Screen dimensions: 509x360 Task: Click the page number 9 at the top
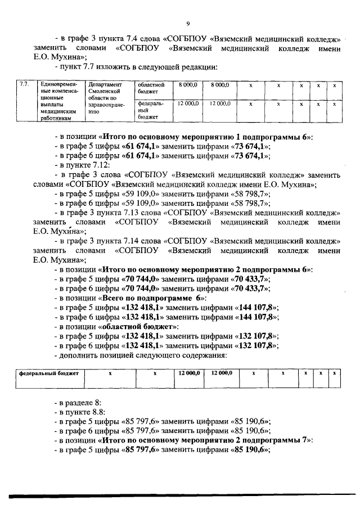(x=188, y=23)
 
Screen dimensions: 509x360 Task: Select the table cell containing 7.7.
(x=24, y=85)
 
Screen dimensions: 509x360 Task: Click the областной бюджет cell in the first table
(x=150, y=87)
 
